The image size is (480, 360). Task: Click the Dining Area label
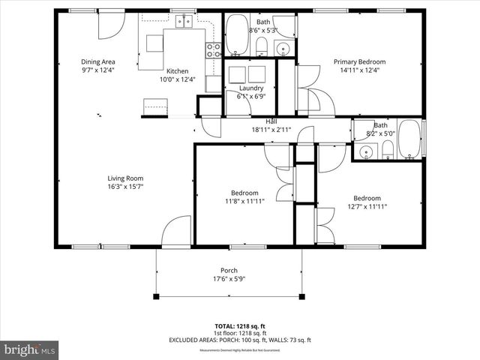[97, 61]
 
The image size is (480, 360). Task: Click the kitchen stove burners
[213, 49]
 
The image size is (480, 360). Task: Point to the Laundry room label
[250, 88]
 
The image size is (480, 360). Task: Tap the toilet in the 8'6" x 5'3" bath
[262, 47]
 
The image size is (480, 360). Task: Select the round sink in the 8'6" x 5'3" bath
[283, 49]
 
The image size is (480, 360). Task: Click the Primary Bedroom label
[360, 61]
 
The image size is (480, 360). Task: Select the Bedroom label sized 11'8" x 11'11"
[244, 193]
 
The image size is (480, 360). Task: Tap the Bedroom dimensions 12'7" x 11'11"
[367, 206]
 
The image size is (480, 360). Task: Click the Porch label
[229, 271]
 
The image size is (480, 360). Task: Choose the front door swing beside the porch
[178, 232]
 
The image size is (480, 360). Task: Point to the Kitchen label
[177, 70]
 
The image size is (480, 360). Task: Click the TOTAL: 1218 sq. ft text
[240, 326]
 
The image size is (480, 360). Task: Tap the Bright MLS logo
[30, 349]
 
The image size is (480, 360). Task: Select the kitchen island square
[155, 43]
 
